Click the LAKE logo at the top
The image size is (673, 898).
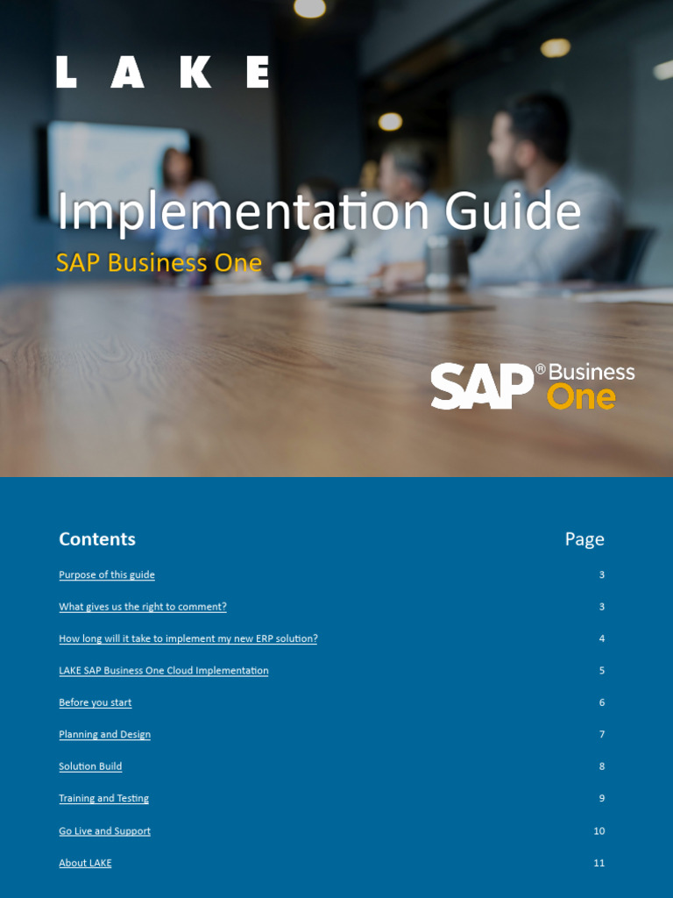click(163, 72)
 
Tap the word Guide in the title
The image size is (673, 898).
click(513, 212)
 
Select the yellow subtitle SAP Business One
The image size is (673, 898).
click(159, 263)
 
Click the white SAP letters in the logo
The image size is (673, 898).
click(481, 387)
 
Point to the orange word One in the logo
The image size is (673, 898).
click(581, 397)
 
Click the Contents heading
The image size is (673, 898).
click(97, 539)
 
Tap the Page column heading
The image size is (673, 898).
click(584, 539)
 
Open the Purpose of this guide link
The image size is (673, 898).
click(107, 575)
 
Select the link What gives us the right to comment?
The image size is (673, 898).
click(143, 607)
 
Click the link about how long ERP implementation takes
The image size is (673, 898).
click(188, 638)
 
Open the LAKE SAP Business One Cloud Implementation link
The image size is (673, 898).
click(164, 671)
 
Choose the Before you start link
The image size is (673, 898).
click(96, 702)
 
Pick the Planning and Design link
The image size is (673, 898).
click(105, 735)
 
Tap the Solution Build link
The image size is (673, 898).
click(90, 766)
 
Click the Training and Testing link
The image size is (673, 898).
click(104, 799)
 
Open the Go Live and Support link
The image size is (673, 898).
click(105, 831)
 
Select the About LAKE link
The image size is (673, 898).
click(85, 863)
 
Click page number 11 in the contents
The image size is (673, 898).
click(599, 863)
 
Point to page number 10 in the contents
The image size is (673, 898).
click(599, 831)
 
